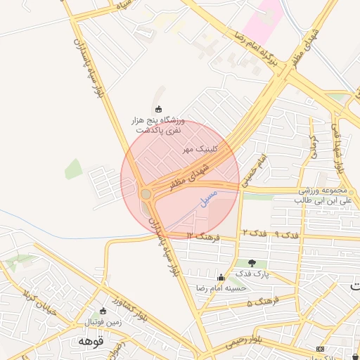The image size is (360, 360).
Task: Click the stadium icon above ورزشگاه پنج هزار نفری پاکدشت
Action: point(158,108)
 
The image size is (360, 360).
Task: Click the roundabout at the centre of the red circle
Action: point(146,193)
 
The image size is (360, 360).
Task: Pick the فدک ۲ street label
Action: point(254,232)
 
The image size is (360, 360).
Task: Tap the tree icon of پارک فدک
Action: point(251,263)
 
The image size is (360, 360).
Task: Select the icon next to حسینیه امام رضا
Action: point(221,277)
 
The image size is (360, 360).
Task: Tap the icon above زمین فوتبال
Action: point(103,310)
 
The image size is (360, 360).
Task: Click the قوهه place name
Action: point(91,340)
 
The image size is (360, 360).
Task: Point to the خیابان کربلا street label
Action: point(34,288)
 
